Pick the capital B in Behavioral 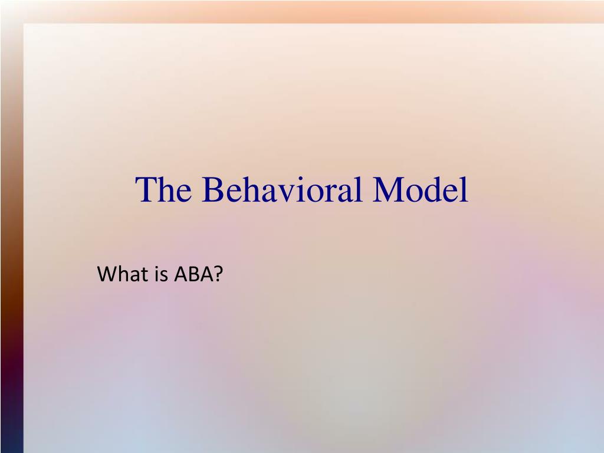[214, 190]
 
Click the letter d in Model [434, 190]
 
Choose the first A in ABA [179, 274]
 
